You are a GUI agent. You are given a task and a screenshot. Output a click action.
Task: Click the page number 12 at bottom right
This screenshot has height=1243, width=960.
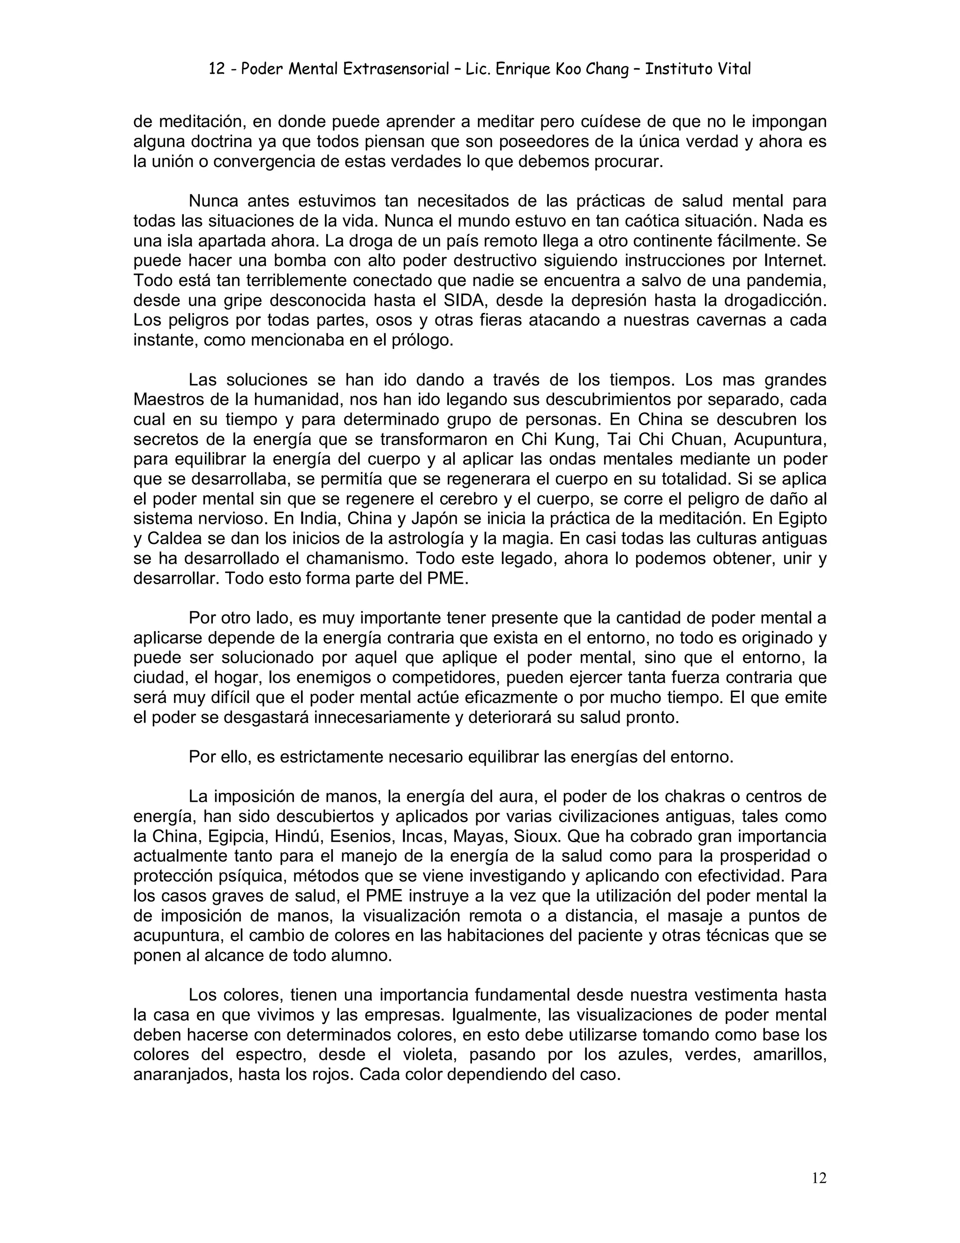pyautogui.click(x=818, y=1177)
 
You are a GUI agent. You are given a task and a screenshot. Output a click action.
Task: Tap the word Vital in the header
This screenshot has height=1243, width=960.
pyautogui.click(x=734, y=69)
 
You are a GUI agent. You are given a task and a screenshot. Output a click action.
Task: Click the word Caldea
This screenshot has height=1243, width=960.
pyautogui.click(x=174, y=539)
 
